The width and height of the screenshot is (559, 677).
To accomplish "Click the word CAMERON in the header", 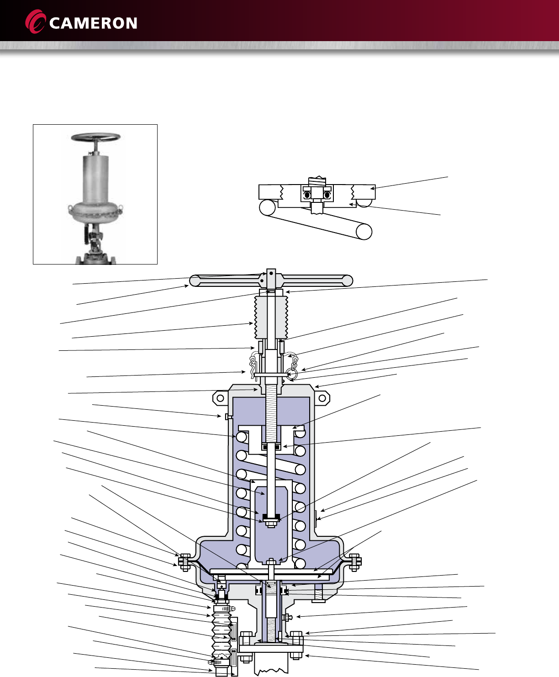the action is (93, 23).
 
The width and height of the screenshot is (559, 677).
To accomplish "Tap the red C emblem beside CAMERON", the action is (36, 21).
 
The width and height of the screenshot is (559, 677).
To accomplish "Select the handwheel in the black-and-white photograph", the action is (95, 137).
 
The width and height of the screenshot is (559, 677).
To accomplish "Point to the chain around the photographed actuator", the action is (95, 213).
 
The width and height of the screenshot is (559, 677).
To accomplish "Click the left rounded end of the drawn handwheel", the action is (195, 280).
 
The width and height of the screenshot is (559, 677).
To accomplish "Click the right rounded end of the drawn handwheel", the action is (347, 280).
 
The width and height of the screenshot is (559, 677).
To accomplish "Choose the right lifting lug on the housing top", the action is (322, 398).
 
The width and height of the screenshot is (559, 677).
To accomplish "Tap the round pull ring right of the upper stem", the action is (292, 375).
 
